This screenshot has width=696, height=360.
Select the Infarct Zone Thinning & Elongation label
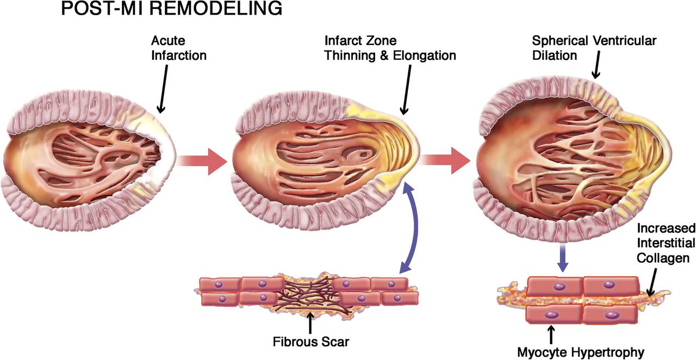pyautogui.click(x=390, y=48)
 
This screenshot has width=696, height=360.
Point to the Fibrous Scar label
pyautogui.click(x=310, y=343)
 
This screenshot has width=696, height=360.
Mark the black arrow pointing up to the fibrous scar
pyautogui.click(x=310, y=323)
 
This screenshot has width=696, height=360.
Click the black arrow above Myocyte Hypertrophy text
pyautogui.click(x=553, y=332)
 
